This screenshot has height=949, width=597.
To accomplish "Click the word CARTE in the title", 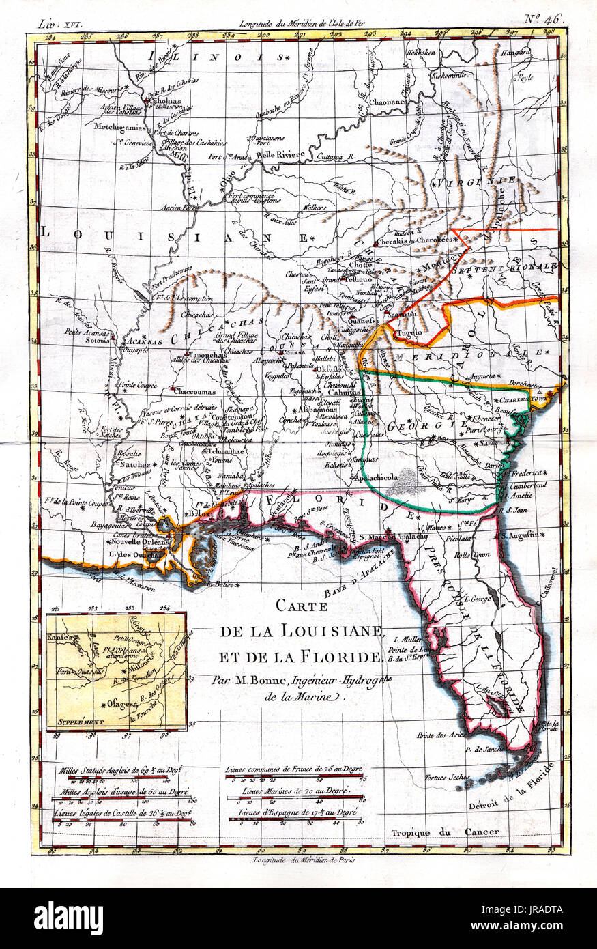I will [301, 607].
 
